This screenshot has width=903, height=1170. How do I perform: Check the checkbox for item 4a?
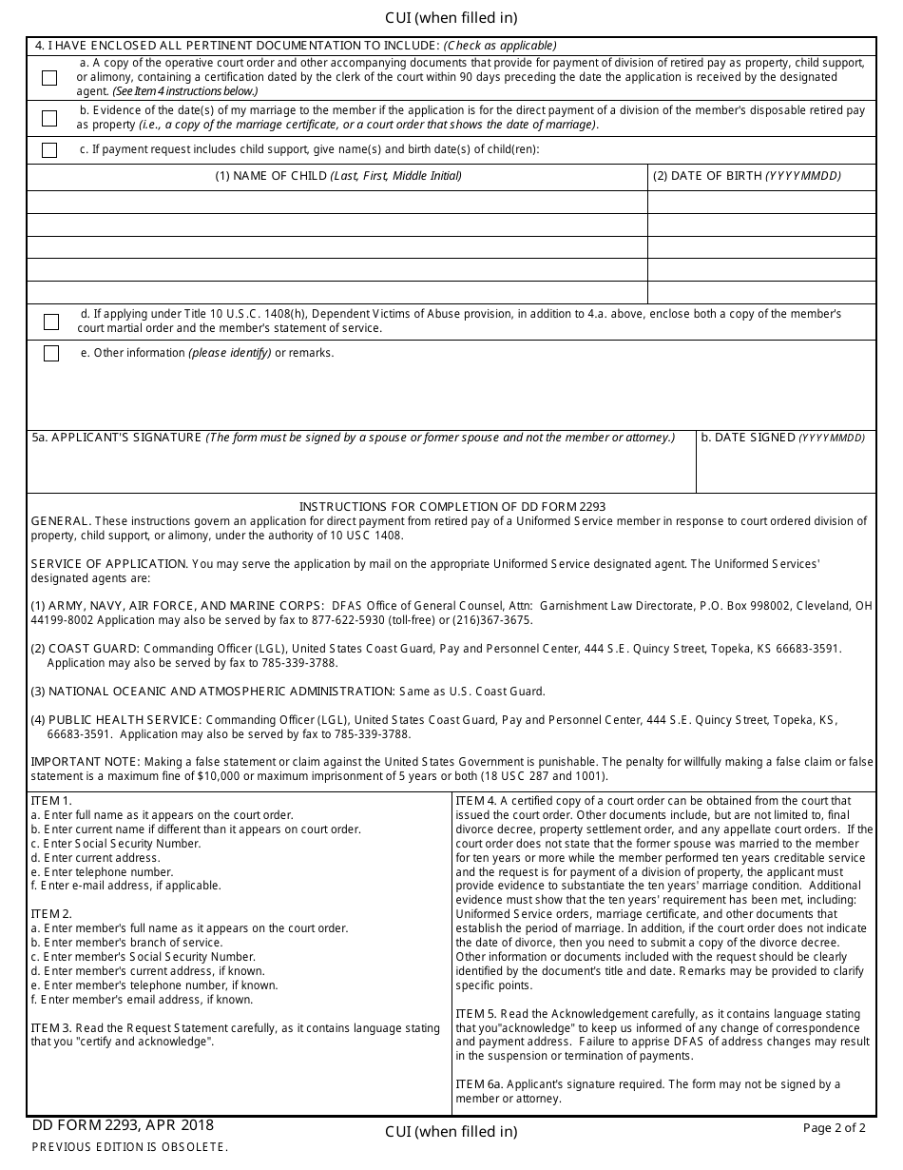(x=49, y=78)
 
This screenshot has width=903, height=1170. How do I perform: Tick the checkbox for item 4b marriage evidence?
(x=49, y=119)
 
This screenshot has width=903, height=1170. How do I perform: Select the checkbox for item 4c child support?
(x=49, y=150)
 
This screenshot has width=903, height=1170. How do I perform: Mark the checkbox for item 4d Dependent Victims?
(x=51, y=322)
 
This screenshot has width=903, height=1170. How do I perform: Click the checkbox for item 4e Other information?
(x=51, y=354)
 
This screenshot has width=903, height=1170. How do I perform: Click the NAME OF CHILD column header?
(x=337, y=176)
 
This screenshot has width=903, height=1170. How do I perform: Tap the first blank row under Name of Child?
(x=337, y=202)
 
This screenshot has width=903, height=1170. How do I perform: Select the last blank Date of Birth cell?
(x=761, y=293)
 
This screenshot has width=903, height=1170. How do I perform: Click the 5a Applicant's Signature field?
(x=361, y=469)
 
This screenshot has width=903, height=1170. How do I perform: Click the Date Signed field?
(x=786, y=469)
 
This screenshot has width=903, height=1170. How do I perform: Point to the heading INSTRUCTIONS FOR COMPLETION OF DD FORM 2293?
(x=452, y=507)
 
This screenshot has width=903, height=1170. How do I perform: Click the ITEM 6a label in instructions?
(x=475, y=1084)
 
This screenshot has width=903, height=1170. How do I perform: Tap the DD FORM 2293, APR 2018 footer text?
(x=123, y=1126)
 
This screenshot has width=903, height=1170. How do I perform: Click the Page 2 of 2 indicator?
(x=834, y=1128)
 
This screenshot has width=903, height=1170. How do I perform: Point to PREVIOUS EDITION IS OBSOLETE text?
(x=130, y=1147)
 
